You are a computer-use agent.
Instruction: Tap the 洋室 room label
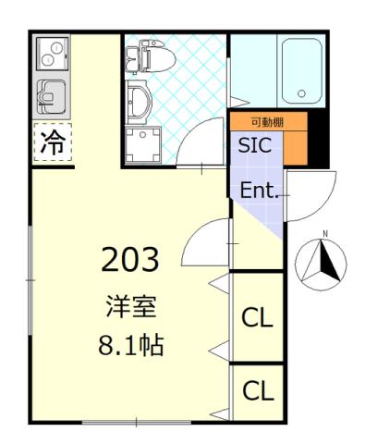tap(129, 306)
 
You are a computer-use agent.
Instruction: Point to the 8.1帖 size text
tap(129, 347)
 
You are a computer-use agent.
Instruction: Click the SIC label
tap(254, 145)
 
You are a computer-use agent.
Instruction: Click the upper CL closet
tap(257, 318)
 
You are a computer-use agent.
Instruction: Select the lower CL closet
tap(257, 391)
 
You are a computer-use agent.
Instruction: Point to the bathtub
tap(298, 69)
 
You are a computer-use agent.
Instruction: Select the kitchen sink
tap(52, 95)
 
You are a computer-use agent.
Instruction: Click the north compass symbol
tap(321, 264)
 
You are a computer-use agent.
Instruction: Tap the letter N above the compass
tap(324, 232)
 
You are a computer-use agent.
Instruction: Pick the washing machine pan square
tap(142, 145)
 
